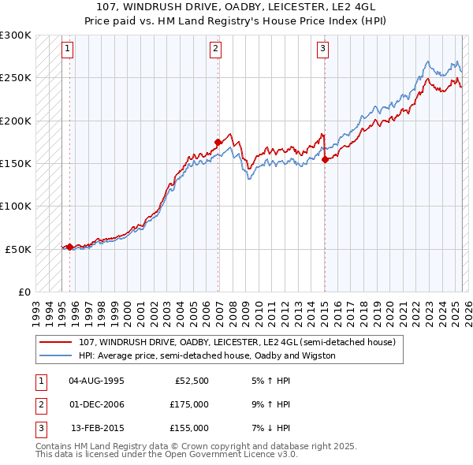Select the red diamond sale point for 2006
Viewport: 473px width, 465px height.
tap(218, 142)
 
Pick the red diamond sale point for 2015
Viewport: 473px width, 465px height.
tap(325, 159)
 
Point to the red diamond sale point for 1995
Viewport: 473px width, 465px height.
tap(69, 247)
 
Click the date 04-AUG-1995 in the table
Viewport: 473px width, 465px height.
tap(96, 381)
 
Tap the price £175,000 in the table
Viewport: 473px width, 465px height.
tap(189, 404)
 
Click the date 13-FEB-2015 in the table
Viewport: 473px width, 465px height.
tap(97, 428)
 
